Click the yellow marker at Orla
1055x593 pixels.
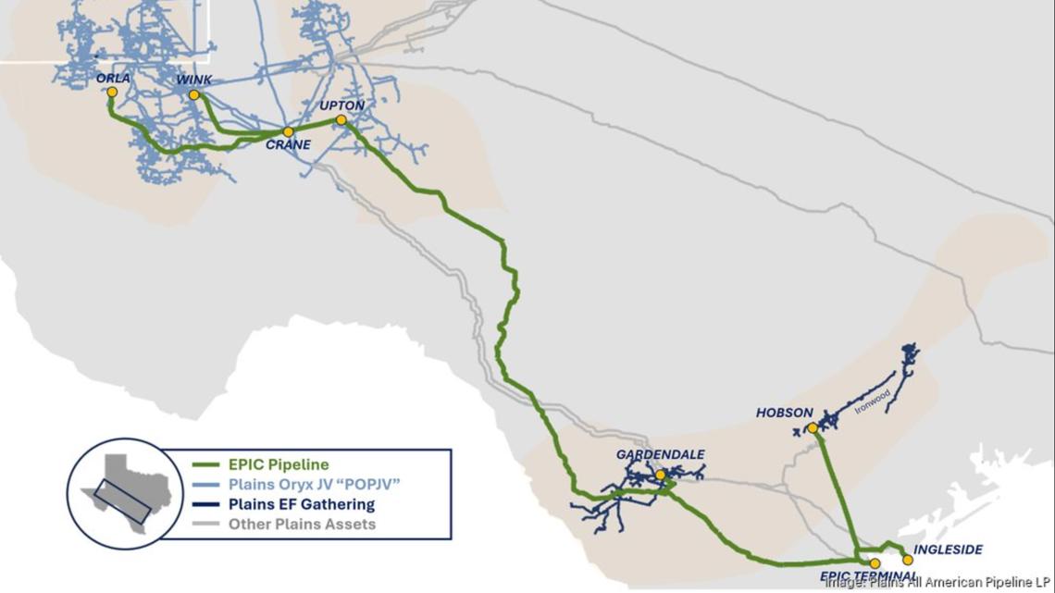coord(112,92)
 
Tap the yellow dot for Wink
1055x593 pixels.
coord(194,94)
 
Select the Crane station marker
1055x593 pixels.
coord(288,132)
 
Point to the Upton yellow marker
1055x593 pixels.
coord(341,119)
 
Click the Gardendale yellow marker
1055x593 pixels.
coord(660,475)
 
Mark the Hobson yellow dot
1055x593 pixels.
coord(812,427)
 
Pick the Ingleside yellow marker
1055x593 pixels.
coord(907,560)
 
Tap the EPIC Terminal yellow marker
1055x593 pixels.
coord(875,563)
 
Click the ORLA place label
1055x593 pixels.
coord(113,79)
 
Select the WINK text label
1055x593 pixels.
coord(194,80)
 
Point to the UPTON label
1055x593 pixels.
coord(341,106)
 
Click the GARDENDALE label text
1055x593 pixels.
coord(660,455)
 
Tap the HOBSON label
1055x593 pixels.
coord(784,413)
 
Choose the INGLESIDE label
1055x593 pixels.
coord(948,550)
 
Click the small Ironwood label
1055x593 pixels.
coord(873,401)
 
